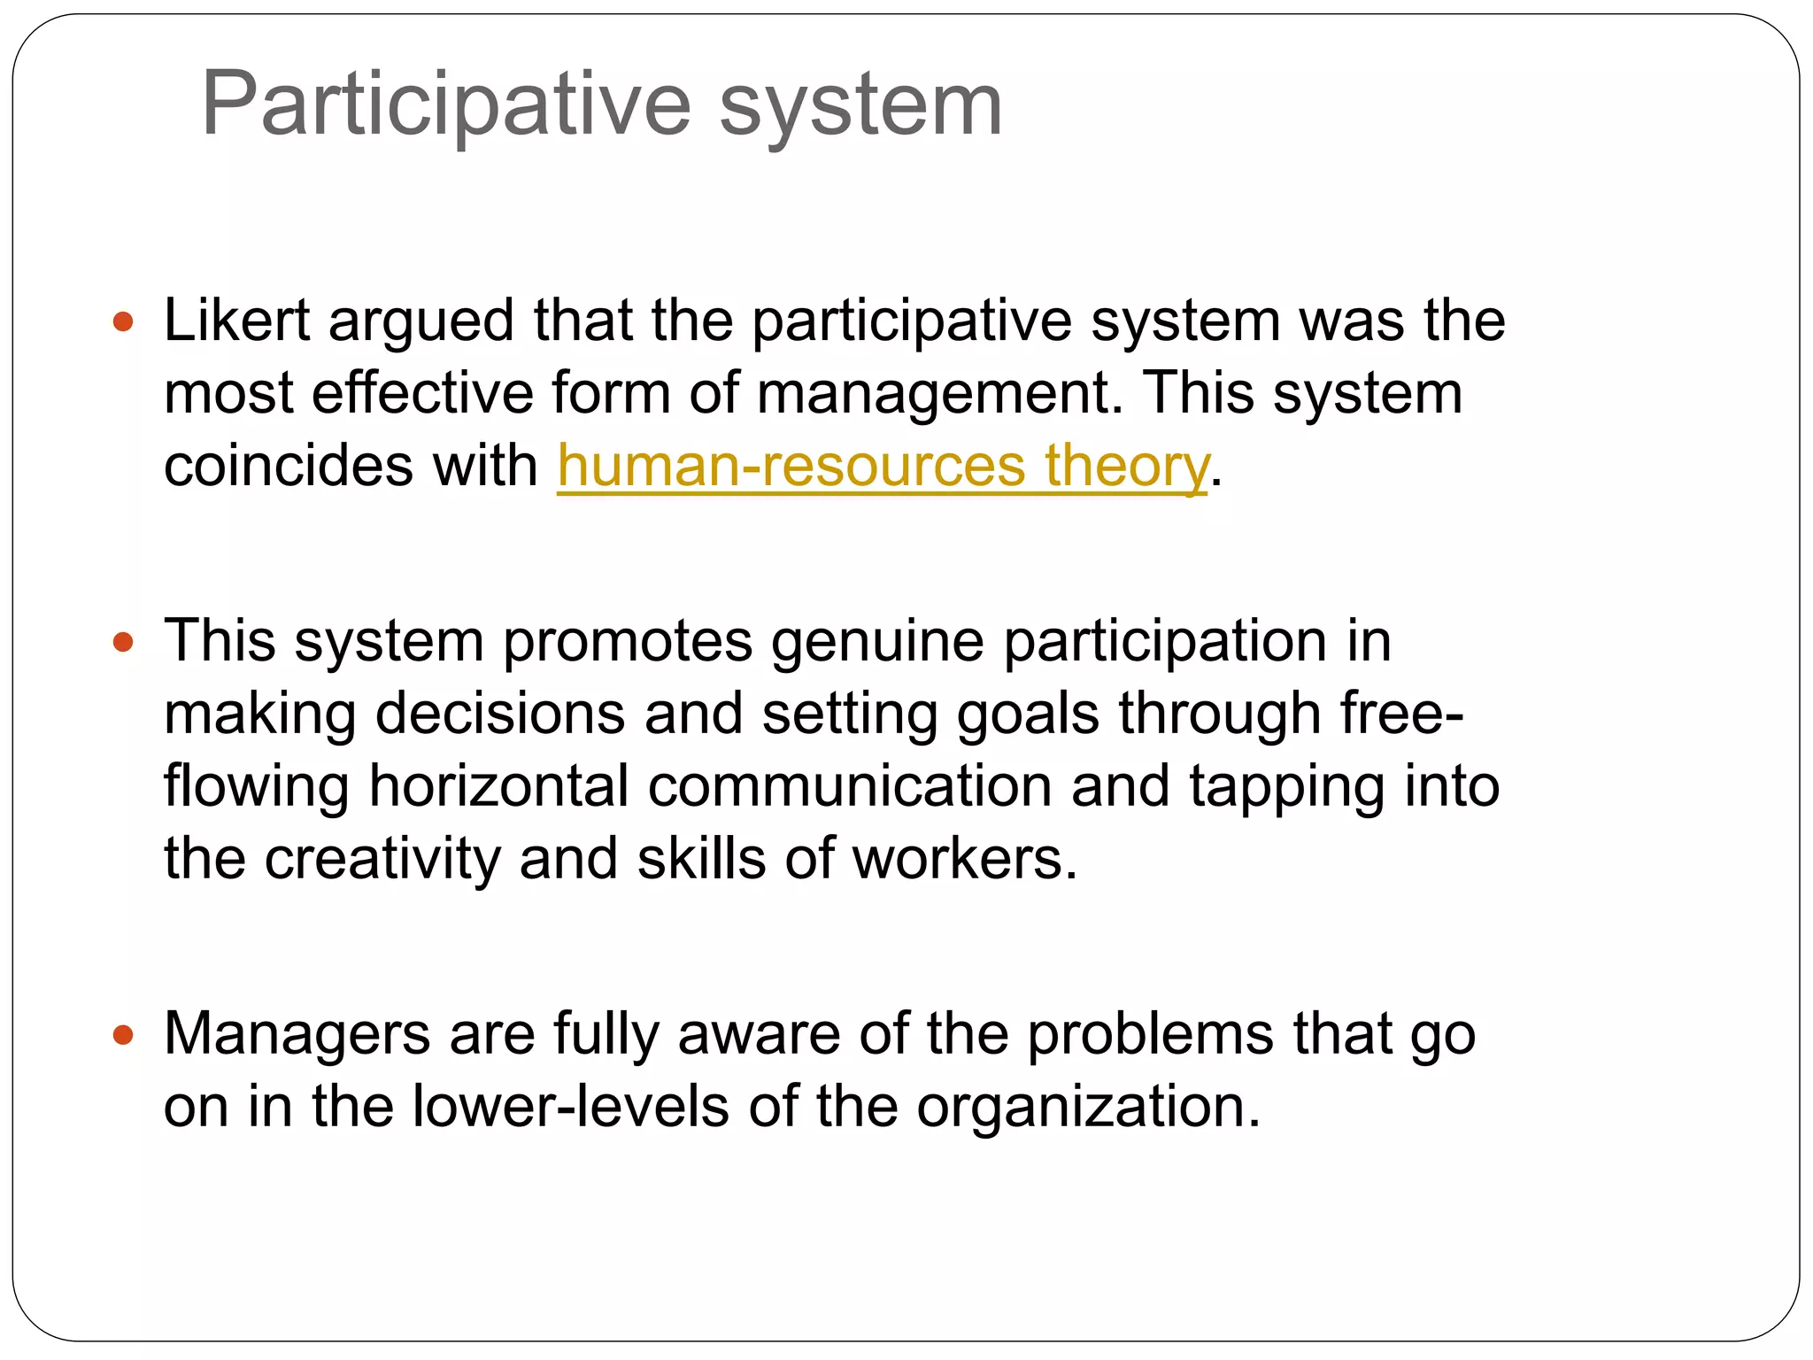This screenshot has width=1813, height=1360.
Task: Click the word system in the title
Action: pos(860,104)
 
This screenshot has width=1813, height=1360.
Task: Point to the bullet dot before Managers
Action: pos(123,1033)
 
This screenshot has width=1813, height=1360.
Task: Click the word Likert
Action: pos(236,320)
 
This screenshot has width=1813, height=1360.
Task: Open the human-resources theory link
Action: pos(882,466)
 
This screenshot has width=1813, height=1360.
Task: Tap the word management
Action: pos(939,393)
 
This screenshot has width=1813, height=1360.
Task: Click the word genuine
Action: pos(876,641)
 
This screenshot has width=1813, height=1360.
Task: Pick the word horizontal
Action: pos(498,786)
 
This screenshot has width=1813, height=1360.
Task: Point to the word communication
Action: pos(849,786)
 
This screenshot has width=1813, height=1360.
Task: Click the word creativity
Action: pos(382,859)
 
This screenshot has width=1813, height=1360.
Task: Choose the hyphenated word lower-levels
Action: pos(570,1107)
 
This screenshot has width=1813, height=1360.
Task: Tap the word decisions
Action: pos(500,714)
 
